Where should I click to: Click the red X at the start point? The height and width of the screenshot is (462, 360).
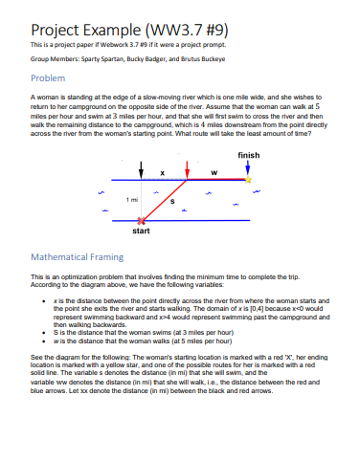pos(142,219)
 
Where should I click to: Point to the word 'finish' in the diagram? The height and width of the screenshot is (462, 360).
pos(248,154)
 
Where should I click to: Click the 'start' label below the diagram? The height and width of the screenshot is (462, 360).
pos(141,231)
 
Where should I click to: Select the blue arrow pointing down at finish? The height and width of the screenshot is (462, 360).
pos(248,166)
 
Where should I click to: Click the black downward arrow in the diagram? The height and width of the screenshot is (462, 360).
pos(142,168)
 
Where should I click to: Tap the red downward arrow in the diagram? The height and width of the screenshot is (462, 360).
pos(186,168)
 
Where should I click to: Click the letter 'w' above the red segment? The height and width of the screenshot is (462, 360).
pos(213,172)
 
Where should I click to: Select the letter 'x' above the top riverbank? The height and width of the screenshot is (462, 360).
pos(162,172)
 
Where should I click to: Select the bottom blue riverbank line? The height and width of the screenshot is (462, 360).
pos(191,220)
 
